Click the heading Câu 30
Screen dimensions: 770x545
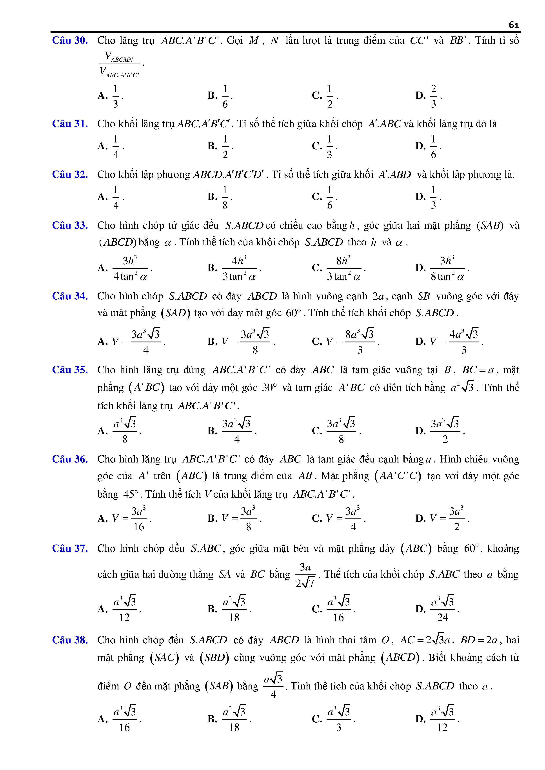[x=70, y=41]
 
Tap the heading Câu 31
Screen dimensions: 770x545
[x=70, y=124]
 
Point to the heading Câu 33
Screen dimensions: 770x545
[x=70, y=225]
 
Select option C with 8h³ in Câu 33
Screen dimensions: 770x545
[x=343, y=268]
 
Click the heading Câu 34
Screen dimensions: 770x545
[x=70, y=296]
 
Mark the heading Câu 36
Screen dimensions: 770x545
[x=70, y=459]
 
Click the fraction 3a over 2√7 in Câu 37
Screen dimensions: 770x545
[x=305, y=575]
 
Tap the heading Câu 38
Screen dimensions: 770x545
[x=70, y=640]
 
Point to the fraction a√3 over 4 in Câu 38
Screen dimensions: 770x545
[x=273, y=685]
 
